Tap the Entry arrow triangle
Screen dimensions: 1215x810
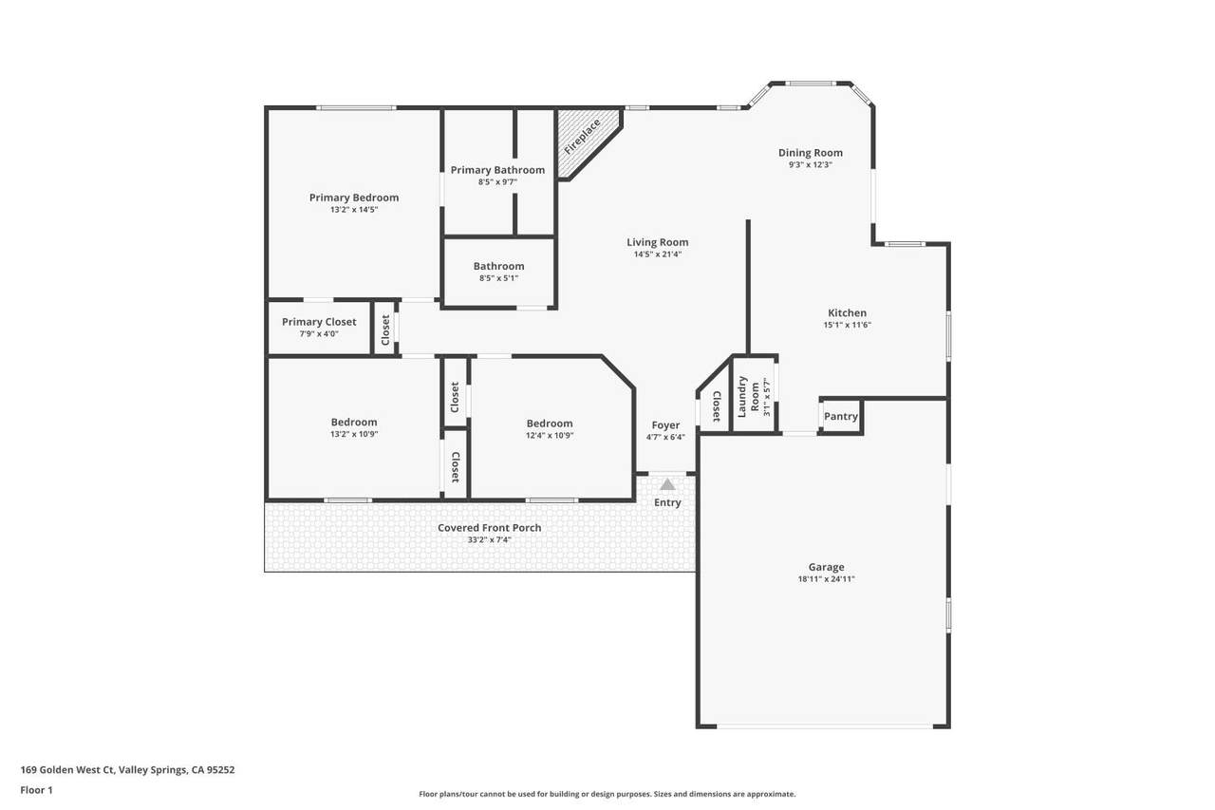click(667, 484)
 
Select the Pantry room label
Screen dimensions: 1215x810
click(841, 416)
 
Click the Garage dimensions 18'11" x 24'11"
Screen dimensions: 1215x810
click(826, 579)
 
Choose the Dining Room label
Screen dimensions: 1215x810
click(811, 153)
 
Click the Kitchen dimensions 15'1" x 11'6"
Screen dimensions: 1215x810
click(848, 325)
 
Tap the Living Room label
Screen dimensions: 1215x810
click(658, 242)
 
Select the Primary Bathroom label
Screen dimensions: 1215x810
click(497, 170)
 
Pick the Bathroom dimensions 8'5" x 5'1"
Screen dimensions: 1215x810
click(498, 278)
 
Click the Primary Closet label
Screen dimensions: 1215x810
click(319, 322)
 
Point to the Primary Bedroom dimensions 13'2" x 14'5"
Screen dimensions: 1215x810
click(354, 210)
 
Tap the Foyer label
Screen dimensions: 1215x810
click(665, 425)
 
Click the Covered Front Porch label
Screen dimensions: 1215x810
click(489, 527)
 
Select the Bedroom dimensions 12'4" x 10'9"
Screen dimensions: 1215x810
click(550, 436)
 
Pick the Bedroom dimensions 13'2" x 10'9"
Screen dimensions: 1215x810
click(354, 435)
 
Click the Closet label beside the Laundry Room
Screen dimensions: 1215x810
click(716, 406)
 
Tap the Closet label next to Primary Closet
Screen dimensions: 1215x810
click(385, 330)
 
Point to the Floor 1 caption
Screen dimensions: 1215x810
click(36, 790)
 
